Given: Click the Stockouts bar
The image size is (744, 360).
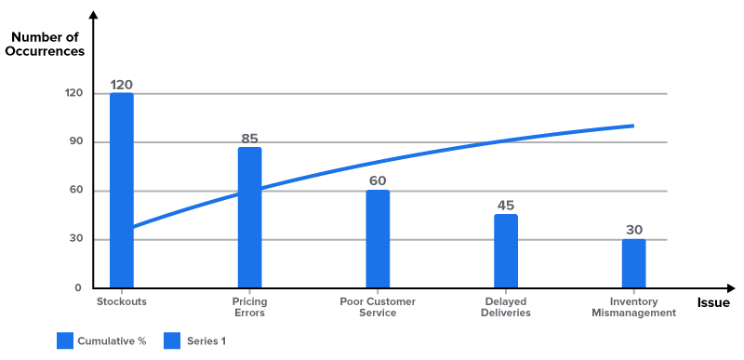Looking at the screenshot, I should coord(122,191).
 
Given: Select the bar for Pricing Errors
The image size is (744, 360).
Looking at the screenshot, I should coord(249,218).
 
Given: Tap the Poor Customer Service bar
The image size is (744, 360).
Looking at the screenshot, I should coord(378,239).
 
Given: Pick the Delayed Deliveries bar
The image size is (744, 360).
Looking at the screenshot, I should coord(506,251).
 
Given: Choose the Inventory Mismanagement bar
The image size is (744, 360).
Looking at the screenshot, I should coord(633,263).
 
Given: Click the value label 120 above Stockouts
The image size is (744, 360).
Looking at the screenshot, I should coord(122,85).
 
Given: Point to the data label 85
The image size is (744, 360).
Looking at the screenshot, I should coord(249,139).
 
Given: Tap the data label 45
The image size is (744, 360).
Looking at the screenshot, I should coord(506,206).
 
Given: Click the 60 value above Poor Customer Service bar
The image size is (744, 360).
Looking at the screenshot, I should coord(378,180).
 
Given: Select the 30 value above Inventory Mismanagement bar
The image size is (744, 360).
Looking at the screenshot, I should coord(633,230).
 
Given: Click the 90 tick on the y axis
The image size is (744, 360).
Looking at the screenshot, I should coord(74,142).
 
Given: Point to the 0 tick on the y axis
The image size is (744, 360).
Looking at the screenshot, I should coord(78,288).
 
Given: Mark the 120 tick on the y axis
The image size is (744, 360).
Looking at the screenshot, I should coord(73,94).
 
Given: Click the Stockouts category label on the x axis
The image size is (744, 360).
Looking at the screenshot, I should coord(122,302).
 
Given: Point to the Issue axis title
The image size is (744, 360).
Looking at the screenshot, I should coord(713,302).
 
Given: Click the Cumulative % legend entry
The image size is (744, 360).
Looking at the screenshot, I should coord(102,341).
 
